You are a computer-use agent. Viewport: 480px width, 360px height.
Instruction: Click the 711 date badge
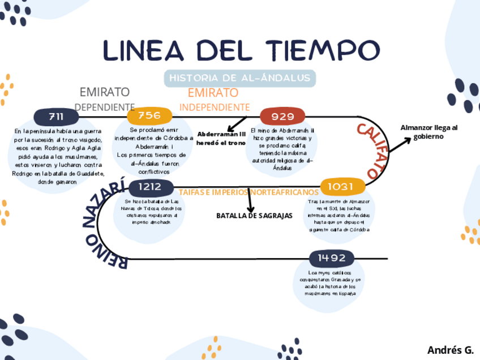[56, 117]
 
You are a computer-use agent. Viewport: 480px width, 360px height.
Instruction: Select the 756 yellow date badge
[149, 115]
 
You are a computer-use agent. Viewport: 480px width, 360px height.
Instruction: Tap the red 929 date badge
[282, 116]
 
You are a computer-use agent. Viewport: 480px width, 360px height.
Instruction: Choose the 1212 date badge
[153, 186]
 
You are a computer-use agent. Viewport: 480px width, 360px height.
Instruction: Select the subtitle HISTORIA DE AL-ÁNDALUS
[240, 78]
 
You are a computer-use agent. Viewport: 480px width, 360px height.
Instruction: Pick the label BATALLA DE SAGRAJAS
[254, 216]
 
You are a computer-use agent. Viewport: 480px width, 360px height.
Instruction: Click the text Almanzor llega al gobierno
[428, 131]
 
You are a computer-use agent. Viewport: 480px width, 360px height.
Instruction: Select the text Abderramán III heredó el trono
[221, 139]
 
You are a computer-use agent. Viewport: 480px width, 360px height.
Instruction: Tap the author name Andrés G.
[450, 349]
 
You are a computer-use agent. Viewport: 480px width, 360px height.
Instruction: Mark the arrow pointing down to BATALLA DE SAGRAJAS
[250, 201]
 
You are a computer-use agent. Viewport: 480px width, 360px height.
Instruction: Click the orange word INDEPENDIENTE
[215, 107]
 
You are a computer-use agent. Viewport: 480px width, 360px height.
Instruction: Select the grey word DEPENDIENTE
[105, 107]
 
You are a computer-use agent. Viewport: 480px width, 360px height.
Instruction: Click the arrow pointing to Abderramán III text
[237, 124]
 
